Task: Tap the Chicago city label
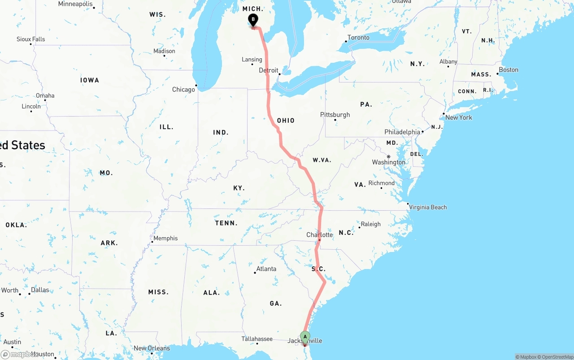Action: point(183,90)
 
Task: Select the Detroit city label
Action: point(269,70)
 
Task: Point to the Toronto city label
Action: point(358,38)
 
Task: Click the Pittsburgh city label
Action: point(335,115)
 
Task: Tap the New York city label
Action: point(458,117)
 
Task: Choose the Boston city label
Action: point(509,70)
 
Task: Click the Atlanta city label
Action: point(266,269)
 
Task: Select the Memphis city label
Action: point(165,239)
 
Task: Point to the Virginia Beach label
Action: point(428,207)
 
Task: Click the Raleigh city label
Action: point(370,224)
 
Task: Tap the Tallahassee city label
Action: point(257,339)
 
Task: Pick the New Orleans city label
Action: point(152,348)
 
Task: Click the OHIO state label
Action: point(286,121)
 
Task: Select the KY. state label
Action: point(239,188)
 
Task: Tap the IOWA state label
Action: point(90,80)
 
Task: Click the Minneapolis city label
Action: point(75,4)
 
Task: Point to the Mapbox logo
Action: point(19,355)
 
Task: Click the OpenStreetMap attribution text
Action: point(557,357)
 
